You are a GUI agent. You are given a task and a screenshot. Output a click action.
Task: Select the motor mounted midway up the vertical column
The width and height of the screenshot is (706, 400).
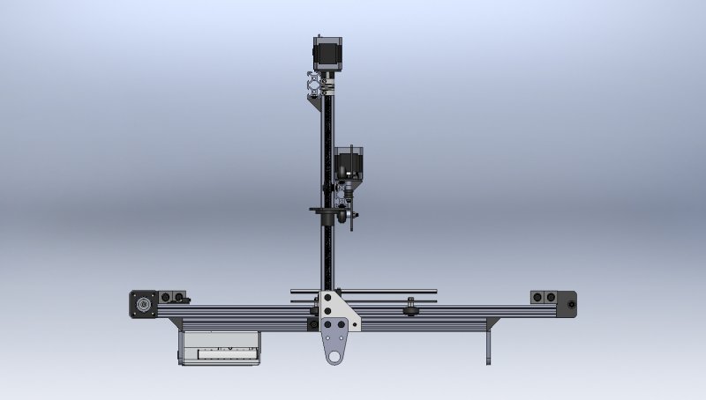pos(349,163)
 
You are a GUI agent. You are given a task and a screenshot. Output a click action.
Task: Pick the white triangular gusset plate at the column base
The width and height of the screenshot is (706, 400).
pos(338,308)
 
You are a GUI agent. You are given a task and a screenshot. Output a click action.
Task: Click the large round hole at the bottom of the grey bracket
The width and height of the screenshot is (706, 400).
pos(334,356)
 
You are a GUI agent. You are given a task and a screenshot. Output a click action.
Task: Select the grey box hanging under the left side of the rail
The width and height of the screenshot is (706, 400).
pos(221,347)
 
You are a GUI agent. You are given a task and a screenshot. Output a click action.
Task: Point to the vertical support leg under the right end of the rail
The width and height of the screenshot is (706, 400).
pos(487,345)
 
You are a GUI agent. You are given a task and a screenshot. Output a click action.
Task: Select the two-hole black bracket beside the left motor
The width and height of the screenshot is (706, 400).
pos(173,298)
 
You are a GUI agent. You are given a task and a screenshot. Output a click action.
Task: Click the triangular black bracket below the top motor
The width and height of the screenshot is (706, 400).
pos(314,100)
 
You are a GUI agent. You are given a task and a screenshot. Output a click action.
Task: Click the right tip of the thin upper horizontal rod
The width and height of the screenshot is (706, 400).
pos(435,290)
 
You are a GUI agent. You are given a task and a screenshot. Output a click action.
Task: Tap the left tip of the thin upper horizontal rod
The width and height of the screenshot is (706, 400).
pos(292,290)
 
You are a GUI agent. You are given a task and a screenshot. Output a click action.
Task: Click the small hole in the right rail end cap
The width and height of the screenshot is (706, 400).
pos(572,305)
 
